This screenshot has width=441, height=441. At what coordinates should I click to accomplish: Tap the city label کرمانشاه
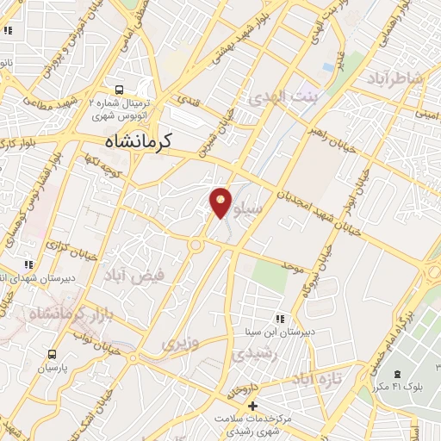point(138,141)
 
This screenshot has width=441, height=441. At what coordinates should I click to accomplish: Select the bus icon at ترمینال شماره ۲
point(120,89)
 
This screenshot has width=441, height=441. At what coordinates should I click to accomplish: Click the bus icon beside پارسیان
point(53,354)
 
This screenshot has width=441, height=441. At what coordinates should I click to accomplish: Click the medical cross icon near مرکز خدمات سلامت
point(252,406)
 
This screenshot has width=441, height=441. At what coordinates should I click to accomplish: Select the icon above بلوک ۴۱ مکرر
point(397,374)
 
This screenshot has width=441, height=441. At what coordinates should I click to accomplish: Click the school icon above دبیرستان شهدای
point(28,264)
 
